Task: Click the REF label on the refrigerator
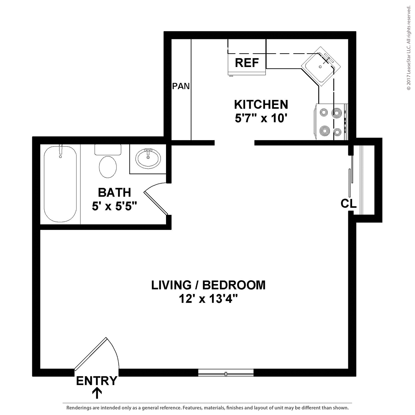pos(247,63)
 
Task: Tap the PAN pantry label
pos(181,86)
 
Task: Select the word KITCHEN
pos(261,104)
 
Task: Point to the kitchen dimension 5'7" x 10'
pos(261,118)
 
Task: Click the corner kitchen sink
pos(321,66)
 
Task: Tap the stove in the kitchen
pos(331,122)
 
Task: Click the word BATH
pos(114,192)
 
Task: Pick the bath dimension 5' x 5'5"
pos(114,206)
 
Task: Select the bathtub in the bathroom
pos(60,184)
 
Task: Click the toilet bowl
pos(108,167)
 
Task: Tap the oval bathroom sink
pos(148,159)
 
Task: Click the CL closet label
pos(349,203)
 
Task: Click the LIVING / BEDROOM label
pos(208,285)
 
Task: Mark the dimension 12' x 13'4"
pos(208,299)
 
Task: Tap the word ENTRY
pos(96,381)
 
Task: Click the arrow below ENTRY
pos(97,393)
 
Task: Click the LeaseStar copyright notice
pos(409,48)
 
